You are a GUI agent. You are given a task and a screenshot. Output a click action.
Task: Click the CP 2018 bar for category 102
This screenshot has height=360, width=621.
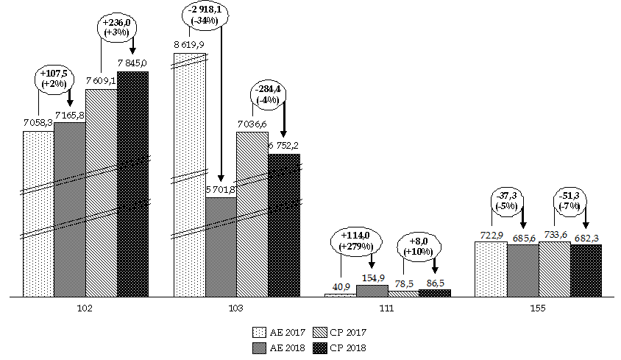tap(132, 184)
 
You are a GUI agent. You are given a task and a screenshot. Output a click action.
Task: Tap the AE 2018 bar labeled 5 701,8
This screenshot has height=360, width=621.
tap(220, 247)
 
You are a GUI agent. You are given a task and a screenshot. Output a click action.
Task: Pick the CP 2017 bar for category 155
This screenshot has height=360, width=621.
tap(554, 269)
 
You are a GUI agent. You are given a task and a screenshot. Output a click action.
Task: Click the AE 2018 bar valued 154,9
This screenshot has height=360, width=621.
tap(372, 291)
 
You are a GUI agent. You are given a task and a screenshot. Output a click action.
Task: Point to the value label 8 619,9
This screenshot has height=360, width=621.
tap(189, 46)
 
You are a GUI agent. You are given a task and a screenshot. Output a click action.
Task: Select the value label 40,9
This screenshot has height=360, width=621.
tap(340, 286)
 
